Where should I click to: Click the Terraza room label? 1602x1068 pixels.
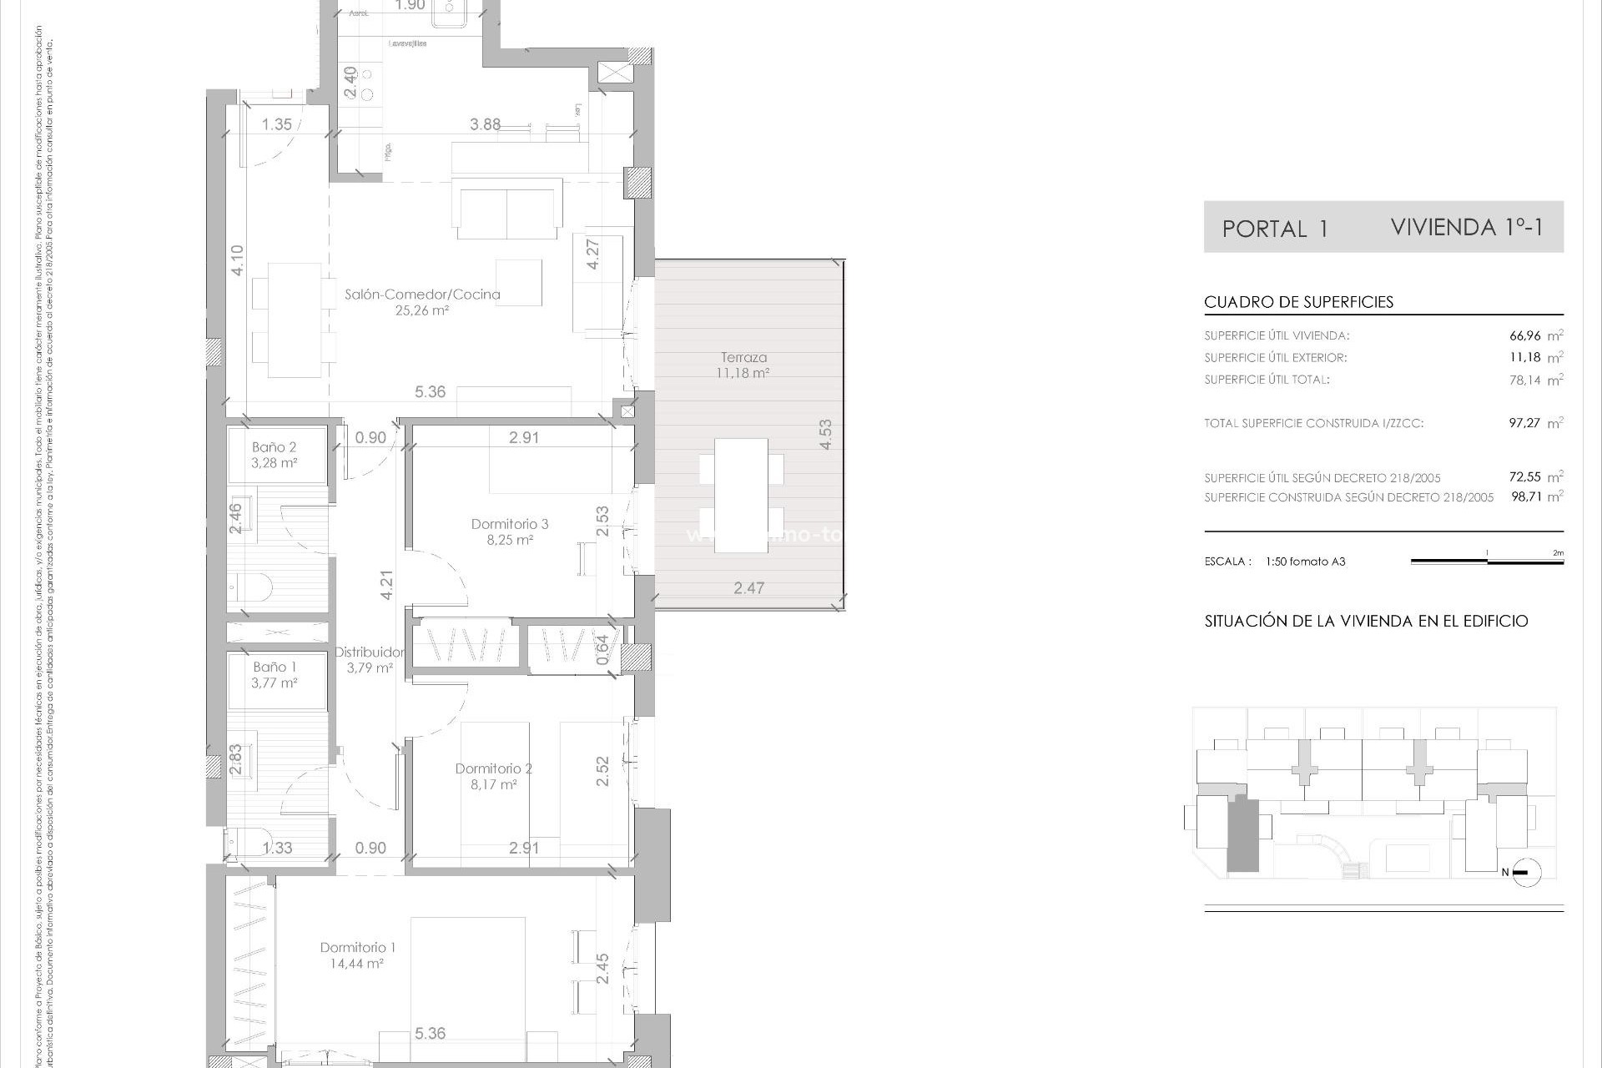[743, 357]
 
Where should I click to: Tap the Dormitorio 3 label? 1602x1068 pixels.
[509, 524]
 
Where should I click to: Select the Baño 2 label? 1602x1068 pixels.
[274, 447]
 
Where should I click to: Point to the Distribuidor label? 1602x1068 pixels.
[370, 652]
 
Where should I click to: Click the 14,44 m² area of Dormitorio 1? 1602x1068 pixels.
[356, 964]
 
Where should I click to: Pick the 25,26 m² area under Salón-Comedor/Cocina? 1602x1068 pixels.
[421, 310]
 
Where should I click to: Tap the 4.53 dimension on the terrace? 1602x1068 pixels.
[825, 434]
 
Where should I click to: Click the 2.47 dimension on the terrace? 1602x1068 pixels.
[748, 588]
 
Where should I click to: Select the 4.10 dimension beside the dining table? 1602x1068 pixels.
[238, 260]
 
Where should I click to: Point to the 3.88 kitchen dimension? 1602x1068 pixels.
[485, 124]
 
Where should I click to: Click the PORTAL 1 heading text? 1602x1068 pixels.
[1274, 229]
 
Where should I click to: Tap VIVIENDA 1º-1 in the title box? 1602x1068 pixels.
[1466, 227]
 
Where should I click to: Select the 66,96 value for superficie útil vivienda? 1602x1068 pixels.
[1524, 336]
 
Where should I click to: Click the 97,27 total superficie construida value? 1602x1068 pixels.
[1524, 423]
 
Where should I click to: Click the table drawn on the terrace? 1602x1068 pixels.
[741, 495]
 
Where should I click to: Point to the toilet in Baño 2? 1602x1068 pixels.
[249, 587]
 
